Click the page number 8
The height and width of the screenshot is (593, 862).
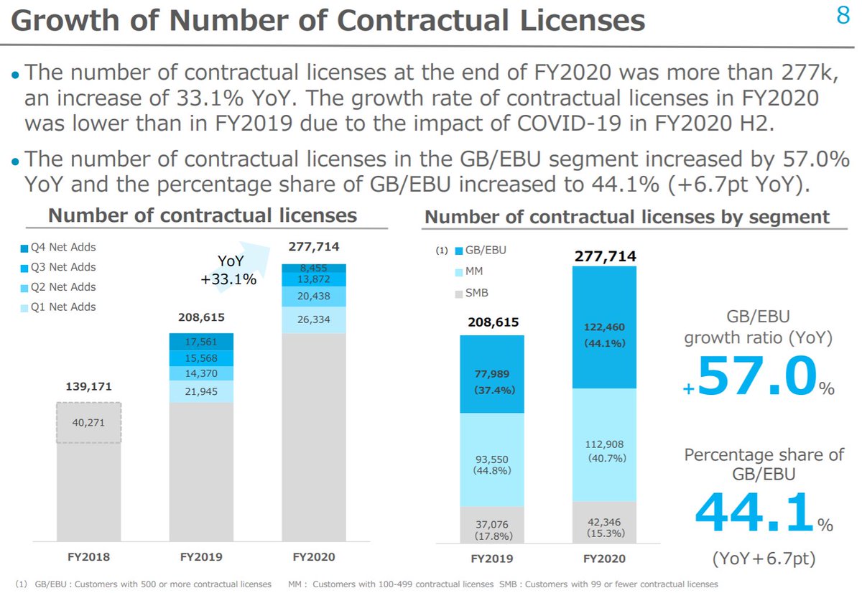point(843,16)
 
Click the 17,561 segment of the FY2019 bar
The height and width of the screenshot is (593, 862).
point(201,342)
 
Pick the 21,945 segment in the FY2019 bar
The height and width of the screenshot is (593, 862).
point(201,392)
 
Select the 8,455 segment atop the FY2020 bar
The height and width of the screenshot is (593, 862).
point(313,268)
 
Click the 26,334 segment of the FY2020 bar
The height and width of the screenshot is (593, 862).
point(313,319)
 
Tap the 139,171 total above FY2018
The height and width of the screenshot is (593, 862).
point(90,386)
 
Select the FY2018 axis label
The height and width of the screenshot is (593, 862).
point(90,556)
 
